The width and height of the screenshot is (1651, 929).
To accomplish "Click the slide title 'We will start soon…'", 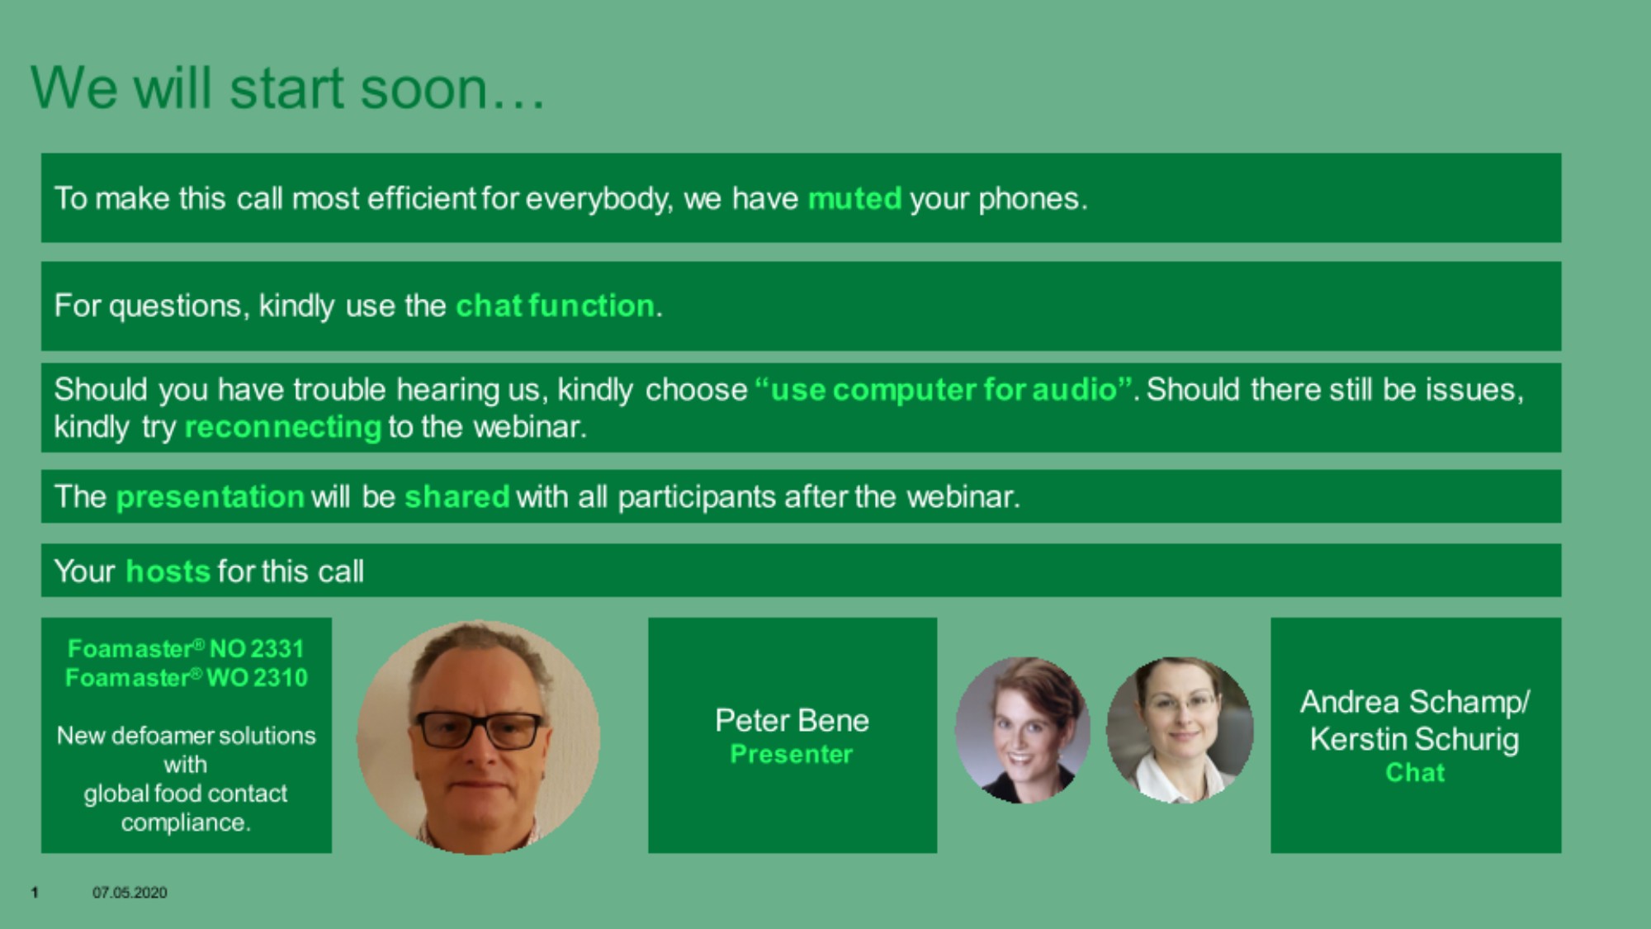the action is [x=287, y=88].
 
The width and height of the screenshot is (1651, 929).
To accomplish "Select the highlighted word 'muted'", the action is [x=854, y=199].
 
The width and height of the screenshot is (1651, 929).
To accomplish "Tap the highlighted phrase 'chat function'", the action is [x=555, y=306].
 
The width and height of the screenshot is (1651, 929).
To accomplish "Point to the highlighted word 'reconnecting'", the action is [x=283, y=428].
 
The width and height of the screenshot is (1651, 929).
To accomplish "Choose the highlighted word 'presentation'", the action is [x=211, y=497].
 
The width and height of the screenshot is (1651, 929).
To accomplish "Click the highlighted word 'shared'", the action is [x=457, y=497].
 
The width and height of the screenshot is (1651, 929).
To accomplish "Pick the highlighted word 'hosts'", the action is [x=168, y=571].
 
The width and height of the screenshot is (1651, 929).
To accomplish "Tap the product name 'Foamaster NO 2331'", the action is [x=186, y=649].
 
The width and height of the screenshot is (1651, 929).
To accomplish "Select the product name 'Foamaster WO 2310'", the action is [x=186, y=678].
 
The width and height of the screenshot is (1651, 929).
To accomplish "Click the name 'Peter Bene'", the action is [x=792, y=721].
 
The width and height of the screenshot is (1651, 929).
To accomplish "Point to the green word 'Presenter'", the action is [x=792, y=754].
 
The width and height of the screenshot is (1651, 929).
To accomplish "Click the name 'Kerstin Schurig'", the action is [x=1414, y=739].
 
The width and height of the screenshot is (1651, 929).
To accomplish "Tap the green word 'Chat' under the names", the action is [x=1415, y=773].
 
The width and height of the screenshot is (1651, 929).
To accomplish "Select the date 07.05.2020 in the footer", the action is [x=130, y=893].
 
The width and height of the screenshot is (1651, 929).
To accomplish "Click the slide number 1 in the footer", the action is [x=35, y=893].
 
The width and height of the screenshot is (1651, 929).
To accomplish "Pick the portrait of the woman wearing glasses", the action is [x=1180, y=730].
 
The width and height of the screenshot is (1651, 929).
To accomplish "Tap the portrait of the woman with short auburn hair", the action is [x=1023, y=730].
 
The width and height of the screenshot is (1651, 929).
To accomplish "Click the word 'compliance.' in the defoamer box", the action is [x=186, y=823].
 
